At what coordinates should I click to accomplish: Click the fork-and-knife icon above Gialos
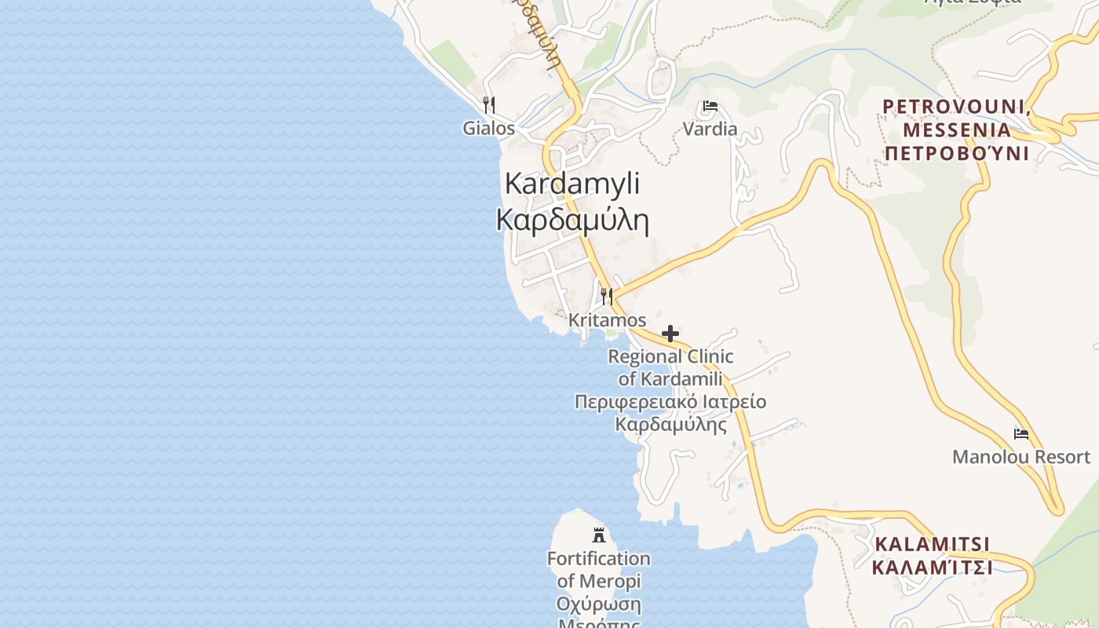pos(488,105)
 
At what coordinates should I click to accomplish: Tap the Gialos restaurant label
pos(488,128)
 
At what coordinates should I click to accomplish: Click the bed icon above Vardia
pos(710,106)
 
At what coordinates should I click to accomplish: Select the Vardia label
pos(710,129)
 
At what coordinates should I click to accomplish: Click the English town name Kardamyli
pos(571,184)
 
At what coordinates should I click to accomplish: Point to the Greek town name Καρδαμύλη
pos(572,221)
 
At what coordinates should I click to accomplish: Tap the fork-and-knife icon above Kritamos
pos(607,297)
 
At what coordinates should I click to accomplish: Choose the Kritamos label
pos(607,320)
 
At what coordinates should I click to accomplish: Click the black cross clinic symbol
pos(670,334)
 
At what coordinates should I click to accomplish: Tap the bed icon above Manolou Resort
pos(1021,433)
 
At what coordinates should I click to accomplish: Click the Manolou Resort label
pos(1021,457)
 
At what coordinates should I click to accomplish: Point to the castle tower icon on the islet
pos(599,535)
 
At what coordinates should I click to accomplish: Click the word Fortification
pos(599,559)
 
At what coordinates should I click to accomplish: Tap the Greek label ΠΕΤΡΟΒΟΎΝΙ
pos(956,153)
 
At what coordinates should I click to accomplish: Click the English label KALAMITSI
pos(932,544)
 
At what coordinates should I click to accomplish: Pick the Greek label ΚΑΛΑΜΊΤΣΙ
pos(932,567)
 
